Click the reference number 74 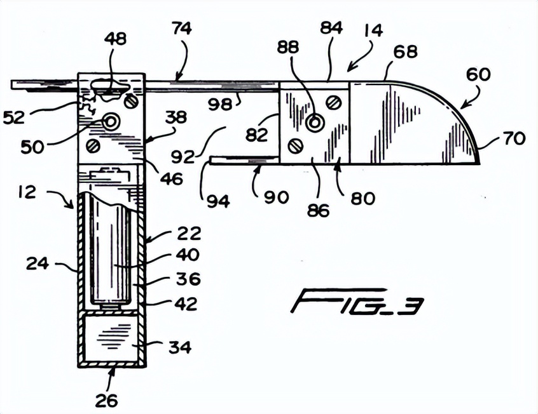pyautogui.click(x=181, y=29)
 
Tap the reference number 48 pyautogui.click(x=116, y=39)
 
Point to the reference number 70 pyautogui.click(x=514, y=137)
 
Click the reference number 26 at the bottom pyautogui.click(x=107, y=400)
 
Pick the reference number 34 pyautogui.click(x=180, y=347)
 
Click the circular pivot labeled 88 pyautogui.click(x=314, y=123)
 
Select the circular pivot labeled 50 pyautogui.click(x=112, y=121)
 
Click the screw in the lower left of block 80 pyautogui.click(x=294, y=146)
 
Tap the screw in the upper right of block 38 pyautogui.click(x=132, y=100)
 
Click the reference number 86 pyautogui.click(x=319, y=210)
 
